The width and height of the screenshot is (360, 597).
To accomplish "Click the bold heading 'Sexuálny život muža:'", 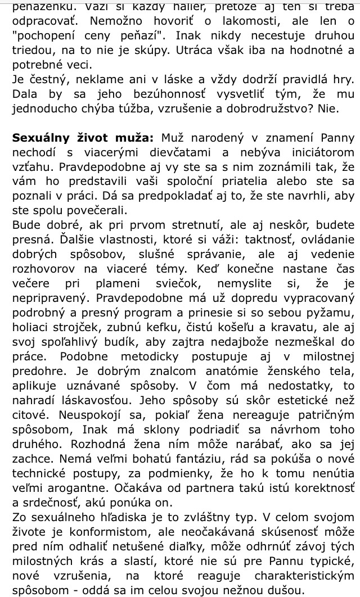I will [x=82, y=138].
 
